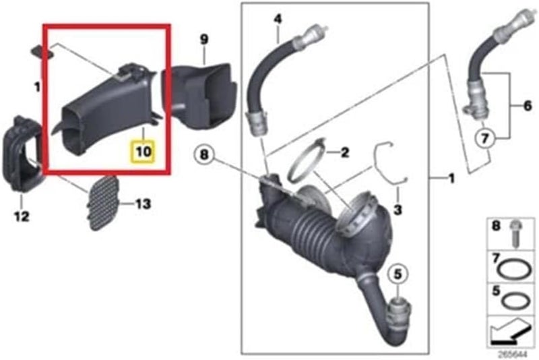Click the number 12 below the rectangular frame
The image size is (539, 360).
tap(22, 216)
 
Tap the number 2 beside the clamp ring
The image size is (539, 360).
tap(344, 153)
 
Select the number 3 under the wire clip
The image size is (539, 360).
tap(398, 211)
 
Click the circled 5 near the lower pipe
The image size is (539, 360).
tap(398, 274)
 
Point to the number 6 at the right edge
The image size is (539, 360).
tap(528, 105)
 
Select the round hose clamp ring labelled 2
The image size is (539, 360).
tap(307, 160)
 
